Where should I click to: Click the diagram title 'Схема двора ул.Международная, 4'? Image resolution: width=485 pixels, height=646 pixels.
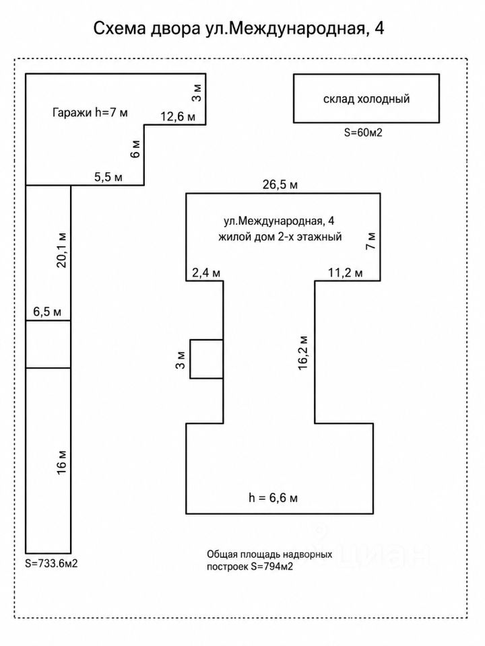tap(238, 29)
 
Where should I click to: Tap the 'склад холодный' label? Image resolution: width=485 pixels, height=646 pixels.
tap(366, 99)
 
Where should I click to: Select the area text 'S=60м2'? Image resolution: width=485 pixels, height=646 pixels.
tap(363, 133)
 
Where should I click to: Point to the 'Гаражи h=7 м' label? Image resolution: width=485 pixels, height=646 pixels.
tap(90, 112)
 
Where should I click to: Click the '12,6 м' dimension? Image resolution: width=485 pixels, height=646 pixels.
tap(178, 117)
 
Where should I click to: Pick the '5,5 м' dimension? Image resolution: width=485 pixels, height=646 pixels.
tap(108, 177)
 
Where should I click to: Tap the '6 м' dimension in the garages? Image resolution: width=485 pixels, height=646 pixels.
tap(135, 149)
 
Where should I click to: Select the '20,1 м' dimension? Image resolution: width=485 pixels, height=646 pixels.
tap(61, 250)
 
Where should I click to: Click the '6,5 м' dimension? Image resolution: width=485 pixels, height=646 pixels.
tap(47, 312)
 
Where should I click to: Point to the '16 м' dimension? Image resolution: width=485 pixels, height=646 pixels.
tap(61, 463)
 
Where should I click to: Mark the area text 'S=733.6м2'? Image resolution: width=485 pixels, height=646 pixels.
tap(51, 564)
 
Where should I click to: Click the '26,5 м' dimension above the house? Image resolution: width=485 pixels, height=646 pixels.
tap(280, 184)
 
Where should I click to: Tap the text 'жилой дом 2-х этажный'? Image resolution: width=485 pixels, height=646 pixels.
tap(280, 237)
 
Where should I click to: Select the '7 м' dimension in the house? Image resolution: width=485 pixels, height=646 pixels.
tap(370, 241)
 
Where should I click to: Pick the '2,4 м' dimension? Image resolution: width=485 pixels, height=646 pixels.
tap(206, 273)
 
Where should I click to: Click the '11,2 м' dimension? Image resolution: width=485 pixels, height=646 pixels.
tap(346, 273)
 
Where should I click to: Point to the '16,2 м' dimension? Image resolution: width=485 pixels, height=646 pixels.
tap(303, 353)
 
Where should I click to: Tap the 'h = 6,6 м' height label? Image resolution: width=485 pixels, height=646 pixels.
tap(273, 498)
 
